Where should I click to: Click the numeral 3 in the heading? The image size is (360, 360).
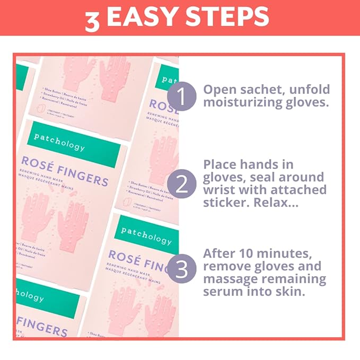point(92,19)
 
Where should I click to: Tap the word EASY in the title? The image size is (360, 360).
point(141,17)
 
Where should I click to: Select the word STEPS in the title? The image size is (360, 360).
point(225,17)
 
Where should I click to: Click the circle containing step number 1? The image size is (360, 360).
point(181,96)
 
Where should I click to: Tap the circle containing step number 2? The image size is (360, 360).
point(181,184)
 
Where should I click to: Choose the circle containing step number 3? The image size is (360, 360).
point(181,269)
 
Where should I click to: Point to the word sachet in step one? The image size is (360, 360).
point(260,89)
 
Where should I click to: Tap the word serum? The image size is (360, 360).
point(222,292)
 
